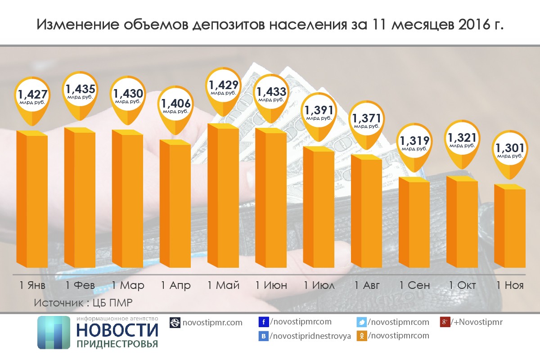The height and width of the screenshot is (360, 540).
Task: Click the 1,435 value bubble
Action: (79, 93)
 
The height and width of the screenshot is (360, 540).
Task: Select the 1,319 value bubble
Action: (414, 143)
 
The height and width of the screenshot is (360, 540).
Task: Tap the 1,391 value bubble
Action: (319, 114)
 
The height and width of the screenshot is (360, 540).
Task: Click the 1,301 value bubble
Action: (510, 150)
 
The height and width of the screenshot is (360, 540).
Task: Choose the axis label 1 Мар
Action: (128, 285)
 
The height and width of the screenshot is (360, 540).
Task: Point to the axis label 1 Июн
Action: (270, 285)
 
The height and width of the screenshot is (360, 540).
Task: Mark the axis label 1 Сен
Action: (414, 285)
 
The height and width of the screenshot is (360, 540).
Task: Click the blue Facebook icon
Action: (264, 322)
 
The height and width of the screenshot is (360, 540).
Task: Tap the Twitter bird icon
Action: (362, 322)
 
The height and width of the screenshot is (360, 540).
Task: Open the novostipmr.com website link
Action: (212, 322)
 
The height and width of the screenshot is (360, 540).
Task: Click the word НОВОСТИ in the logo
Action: (117, 330)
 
